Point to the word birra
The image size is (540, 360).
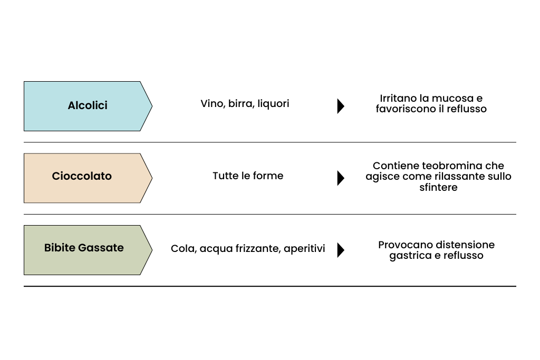pyautogui.click(x=241, y=104)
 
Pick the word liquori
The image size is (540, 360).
pyautogui.click(x=273, y=104)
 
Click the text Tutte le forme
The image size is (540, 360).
pyautogui.click(x=248, y=176)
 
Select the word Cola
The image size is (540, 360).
pyautogui.click(x=182, y=249)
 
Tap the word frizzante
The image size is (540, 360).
pyautogui.click(x=258, y=249)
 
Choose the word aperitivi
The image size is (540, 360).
pyautogui.click(x=304, y=249)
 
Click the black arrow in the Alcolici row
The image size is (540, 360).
pyautogui.click(x=341, y=106)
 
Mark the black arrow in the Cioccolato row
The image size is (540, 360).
pyautogui.click(x=341, y=178)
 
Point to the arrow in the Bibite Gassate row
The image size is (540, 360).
pyautogui.click(x=341, y=250)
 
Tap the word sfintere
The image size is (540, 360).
pyautogui.click(x=438, y=188)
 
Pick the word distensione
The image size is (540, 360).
pyautogui.click(x=465, y=245)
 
